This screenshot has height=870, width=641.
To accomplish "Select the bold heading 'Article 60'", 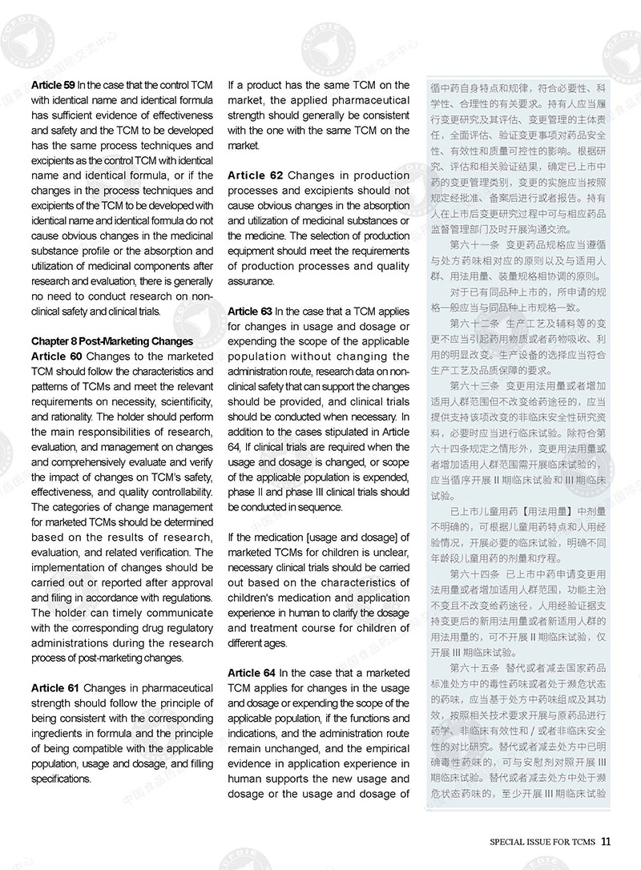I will pos(54,356).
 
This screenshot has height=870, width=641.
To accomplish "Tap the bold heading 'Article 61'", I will pos(54,688).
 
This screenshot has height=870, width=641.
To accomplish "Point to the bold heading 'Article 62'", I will pos(254,175).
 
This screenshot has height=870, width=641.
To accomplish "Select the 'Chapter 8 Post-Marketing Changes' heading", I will pos(111,341).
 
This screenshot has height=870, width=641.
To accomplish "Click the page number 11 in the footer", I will pos(606,841).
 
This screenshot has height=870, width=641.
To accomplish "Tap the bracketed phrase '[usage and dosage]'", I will pos(337,538).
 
